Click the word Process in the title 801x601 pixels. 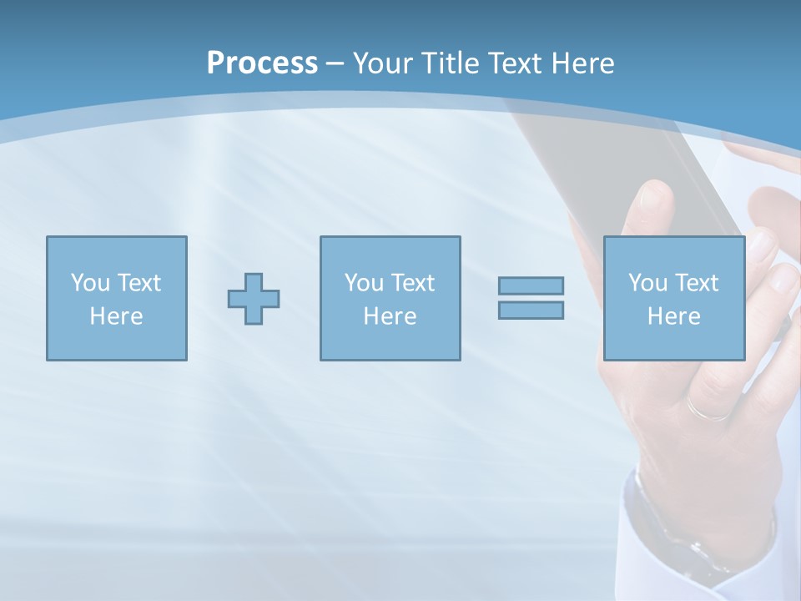262,63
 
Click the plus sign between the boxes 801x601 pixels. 254,299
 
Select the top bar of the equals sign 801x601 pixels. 531,285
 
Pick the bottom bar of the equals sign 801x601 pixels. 531,311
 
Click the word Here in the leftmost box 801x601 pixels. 116,316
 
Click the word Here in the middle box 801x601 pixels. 390,316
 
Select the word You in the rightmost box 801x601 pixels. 647,283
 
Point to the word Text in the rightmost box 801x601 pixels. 696,283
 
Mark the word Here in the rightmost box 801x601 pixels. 673,316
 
